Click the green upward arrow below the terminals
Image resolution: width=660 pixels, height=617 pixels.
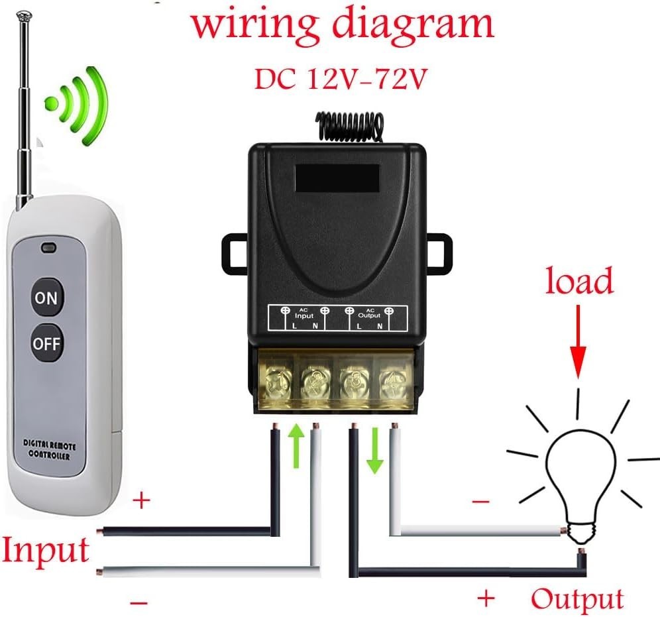pos(297,447)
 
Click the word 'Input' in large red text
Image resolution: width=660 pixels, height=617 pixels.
pos(45,550)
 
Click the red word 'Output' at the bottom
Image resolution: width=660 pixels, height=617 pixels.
pos(577,598)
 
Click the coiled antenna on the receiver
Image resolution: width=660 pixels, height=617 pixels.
pos(350,127)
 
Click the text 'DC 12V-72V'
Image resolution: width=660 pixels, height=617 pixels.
pos(339,80)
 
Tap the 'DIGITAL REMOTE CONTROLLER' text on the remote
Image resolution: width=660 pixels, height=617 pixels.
pos(50,447)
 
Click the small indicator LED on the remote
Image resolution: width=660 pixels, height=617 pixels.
pos(48,250)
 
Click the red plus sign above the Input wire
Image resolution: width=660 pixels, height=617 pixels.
pos(141,500)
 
